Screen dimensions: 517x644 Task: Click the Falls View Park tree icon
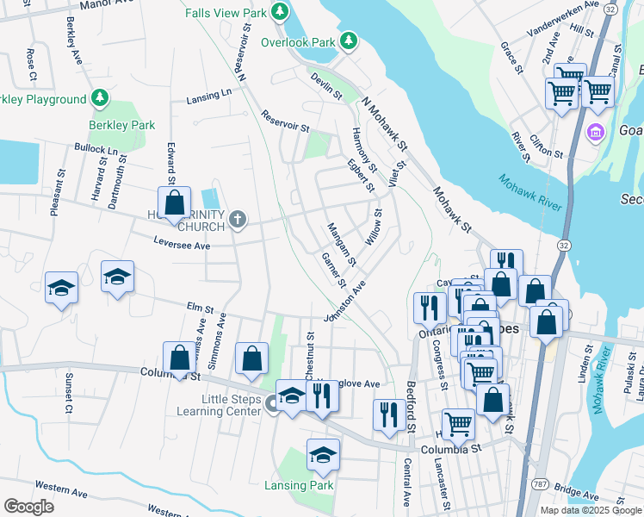[279, 11]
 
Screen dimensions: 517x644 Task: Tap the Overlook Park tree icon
[348, 40]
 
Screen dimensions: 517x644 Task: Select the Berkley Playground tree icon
[100, 98]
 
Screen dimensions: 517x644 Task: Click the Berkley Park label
[122, 125]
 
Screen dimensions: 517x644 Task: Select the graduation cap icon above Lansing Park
[323, 454]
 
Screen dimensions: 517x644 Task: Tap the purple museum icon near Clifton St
[594, 133]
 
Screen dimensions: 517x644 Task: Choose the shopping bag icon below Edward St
[174, 202]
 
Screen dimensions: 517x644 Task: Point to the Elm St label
[199, 307]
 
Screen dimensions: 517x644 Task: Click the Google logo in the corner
[28, 506]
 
